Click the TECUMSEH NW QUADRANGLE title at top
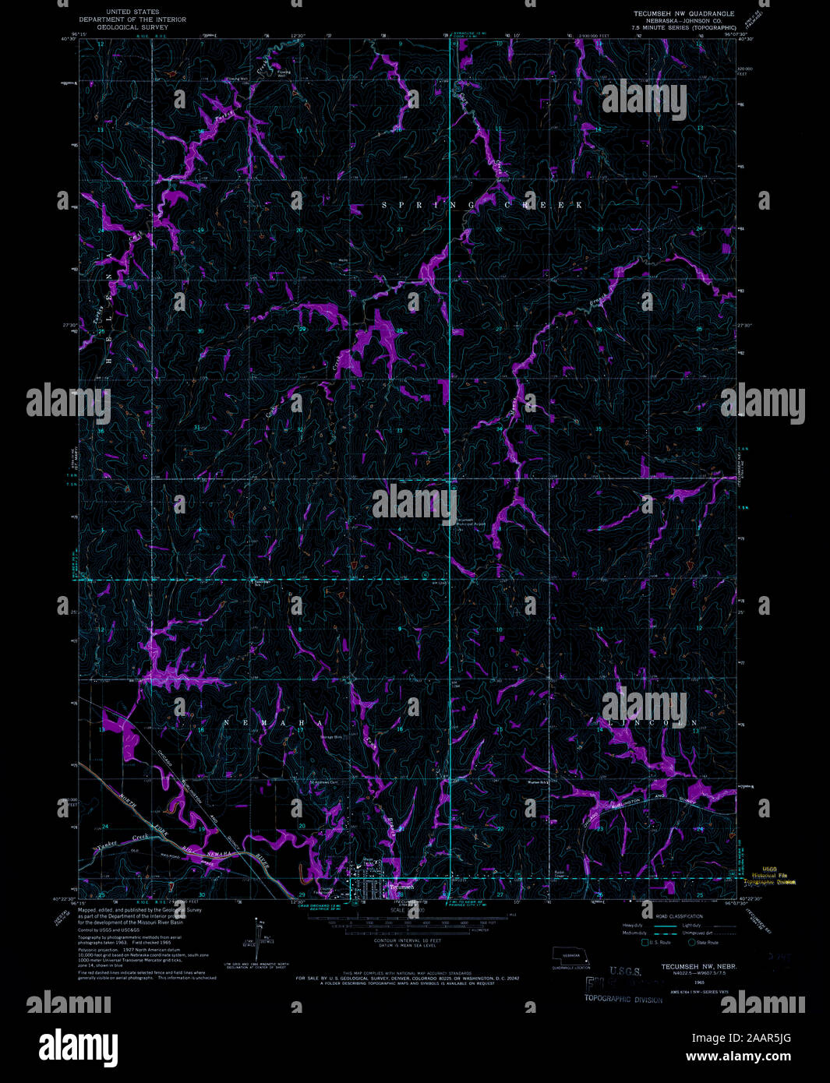pyautogui.click(x=683, y=13)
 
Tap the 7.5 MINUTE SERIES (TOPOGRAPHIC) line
pyautogui.click(x=683, y=27)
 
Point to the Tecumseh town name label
pyautogui.click(x=401, y=887)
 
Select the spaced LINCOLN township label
pyautogui.click(x=651, y=722)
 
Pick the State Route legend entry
pyautogui.click(x=704, y=943)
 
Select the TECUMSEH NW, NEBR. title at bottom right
pyautogui.click(x=699, y=967)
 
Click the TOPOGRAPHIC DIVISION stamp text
pyautogui.click(x=623, y=1000)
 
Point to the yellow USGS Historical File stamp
pyautogui.click(x=774, y=876)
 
